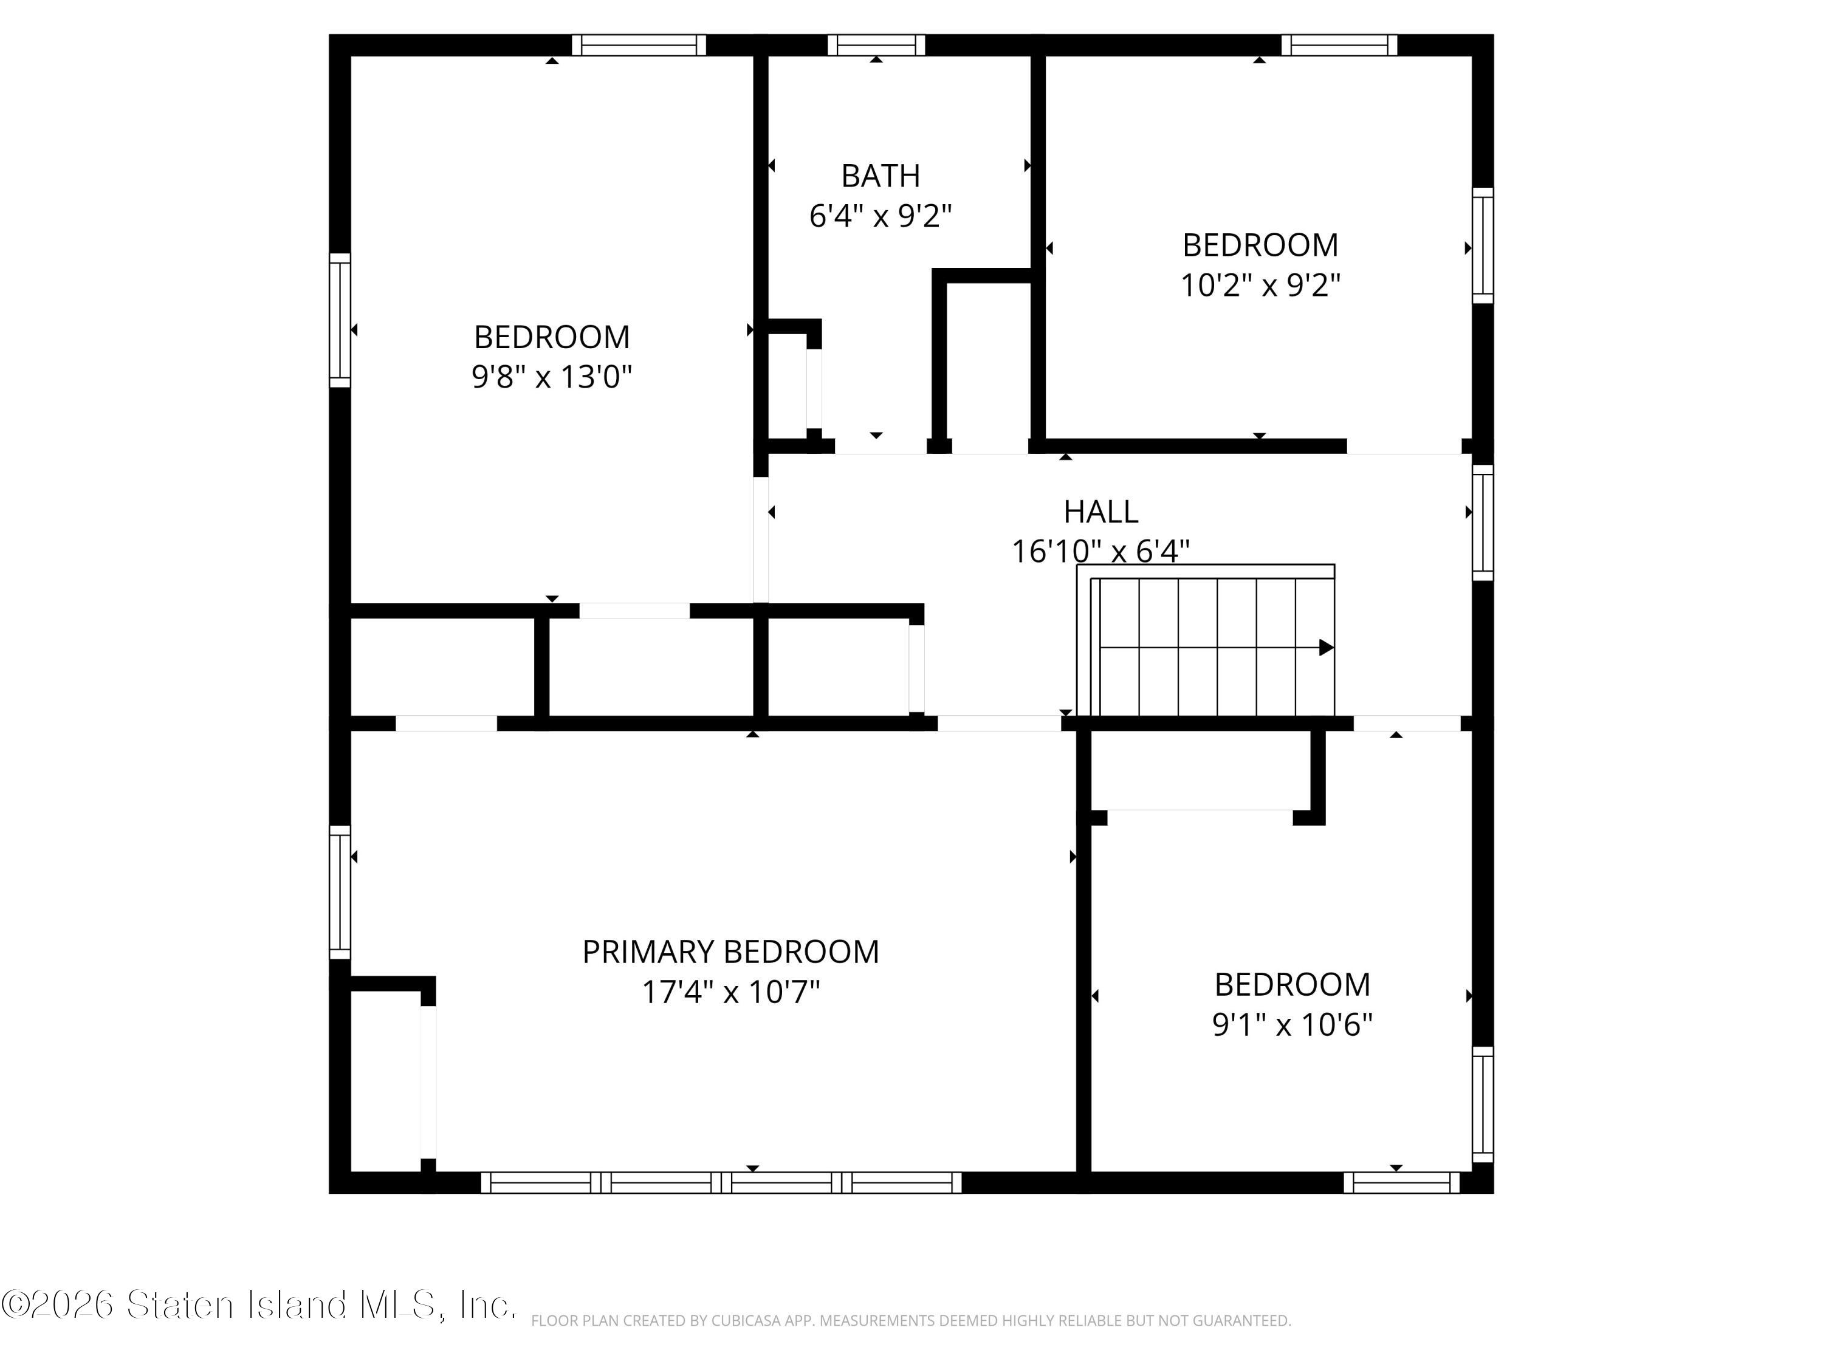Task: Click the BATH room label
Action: click(x=880, y=176)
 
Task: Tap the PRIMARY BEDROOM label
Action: click(x=731, y=951)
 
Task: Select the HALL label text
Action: click(x=1101, y=512)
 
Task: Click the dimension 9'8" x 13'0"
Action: click(x=551, y=377)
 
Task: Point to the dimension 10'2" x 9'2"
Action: click(x=1260, y=285)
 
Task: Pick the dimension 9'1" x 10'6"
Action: click(x=1293, y=1024)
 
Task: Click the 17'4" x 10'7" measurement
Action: click(x=731, y=992)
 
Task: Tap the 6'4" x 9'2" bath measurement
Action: click(x=880, y=216)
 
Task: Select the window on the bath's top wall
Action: click(x=876, y=44)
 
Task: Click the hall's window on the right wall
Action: click(x=1483, y=522)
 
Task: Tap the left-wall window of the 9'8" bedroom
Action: click(x=340, y=320)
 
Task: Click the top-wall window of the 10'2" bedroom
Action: click(x=1339, y=44)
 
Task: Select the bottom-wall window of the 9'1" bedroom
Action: click(x=1402, y=1182)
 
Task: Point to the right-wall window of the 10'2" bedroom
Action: click(x=1483, y=245)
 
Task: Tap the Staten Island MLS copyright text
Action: click(x=259, y=1304)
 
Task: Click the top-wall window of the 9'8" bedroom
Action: click(x=639, y=44)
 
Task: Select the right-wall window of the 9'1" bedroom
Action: click(x=1483, y=1104)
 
